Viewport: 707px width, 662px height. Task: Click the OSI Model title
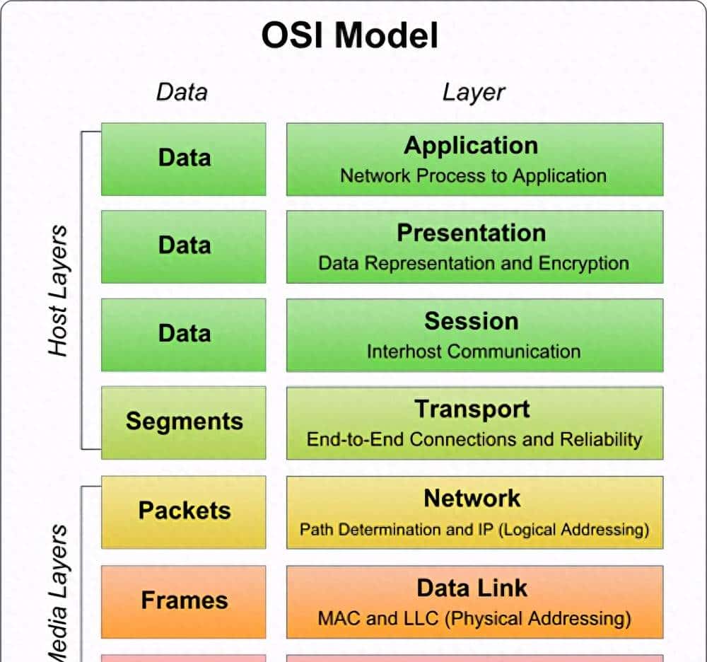tap(350, 36)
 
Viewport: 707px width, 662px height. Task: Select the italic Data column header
tap(182, 92)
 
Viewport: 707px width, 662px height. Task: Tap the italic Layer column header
tap(474, 92)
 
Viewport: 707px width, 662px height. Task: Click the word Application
tap(471, 145)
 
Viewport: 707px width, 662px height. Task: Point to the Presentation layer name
tap(471, 233)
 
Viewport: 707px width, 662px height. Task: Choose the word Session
tap(471, 321)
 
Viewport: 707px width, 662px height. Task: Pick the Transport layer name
tap(472, 409)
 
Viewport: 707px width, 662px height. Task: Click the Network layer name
tap(472, 498)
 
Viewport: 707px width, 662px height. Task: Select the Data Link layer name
tap(472, 588)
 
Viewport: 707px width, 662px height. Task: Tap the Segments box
tap(184, 422)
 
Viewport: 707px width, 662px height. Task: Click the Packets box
tap(184, 511)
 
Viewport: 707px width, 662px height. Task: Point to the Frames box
tap(184, 601)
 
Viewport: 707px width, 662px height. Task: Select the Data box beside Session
tap(184, 334)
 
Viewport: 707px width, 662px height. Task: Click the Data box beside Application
tap(184, 158)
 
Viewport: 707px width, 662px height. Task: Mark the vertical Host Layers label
tap(58, 290)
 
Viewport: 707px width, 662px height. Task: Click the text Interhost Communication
tap(473, 352)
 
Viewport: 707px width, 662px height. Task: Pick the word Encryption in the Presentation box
tap(583, 264)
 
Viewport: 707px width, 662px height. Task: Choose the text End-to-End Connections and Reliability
tap(474, 439)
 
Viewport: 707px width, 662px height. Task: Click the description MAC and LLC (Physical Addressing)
tap(474, 620)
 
